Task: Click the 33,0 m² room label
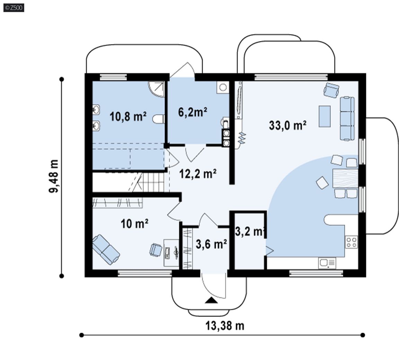(287, 125)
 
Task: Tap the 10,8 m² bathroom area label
(128, 116)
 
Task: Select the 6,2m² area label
(193, 112)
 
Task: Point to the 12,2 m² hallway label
(198, 174)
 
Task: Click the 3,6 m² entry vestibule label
(212, 244)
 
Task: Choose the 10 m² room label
(134, 224)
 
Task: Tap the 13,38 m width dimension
(225, 326)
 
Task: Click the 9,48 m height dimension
(54, 176)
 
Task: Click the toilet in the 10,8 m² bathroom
(159, 119)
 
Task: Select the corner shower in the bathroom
(157, 89)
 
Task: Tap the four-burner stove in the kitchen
(351, 242)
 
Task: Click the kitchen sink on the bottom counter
(327, 263)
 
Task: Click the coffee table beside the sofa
(325, 116)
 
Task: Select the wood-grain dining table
(345, 179)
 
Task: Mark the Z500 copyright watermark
(14, 8)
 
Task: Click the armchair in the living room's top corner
(331, 90)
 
